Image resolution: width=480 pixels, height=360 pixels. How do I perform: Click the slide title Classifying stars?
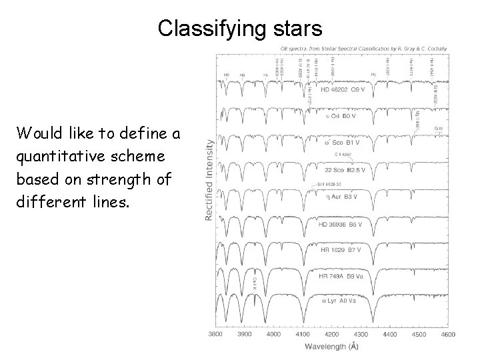click(x=240, y=28)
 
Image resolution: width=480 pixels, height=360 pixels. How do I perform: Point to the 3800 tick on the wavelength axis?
click(x=217, y=334)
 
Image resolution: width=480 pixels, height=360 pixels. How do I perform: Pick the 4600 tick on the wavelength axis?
click(x=448, y=334)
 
